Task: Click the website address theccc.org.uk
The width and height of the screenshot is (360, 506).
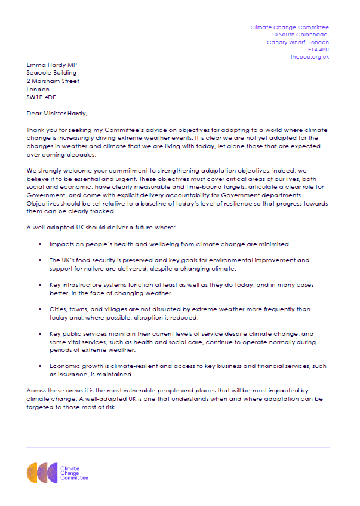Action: [309, 57]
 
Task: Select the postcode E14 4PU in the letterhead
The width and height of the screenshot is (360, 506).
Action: [318, 50]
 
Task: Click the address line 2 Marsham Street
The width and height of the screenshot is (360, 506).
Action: [53, 81]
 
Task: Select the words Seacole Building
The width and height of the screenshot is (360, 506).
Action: [52, 73]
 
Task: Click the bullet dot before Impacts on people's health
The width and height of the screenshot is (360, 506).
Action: [40, 245]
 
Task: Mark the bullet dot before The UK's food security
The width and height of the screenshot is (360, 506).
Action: [40, 260]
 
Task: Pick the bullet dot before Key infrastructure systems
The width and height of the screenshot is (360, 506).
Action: [40, 285]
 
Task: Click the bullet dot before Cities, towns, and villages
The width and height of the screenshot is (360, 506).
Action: [40, 309]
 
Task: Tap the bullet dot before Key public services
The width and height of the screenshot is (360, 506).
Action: [40, 334]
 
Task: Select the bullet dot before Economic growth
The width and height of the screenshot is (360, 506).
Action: [40, 366]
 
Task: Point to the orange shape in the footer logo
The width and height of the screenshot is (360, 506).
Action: [32, 473]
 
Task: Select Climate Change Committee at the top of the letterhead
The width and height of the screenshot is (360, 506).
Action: [289, 27]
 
